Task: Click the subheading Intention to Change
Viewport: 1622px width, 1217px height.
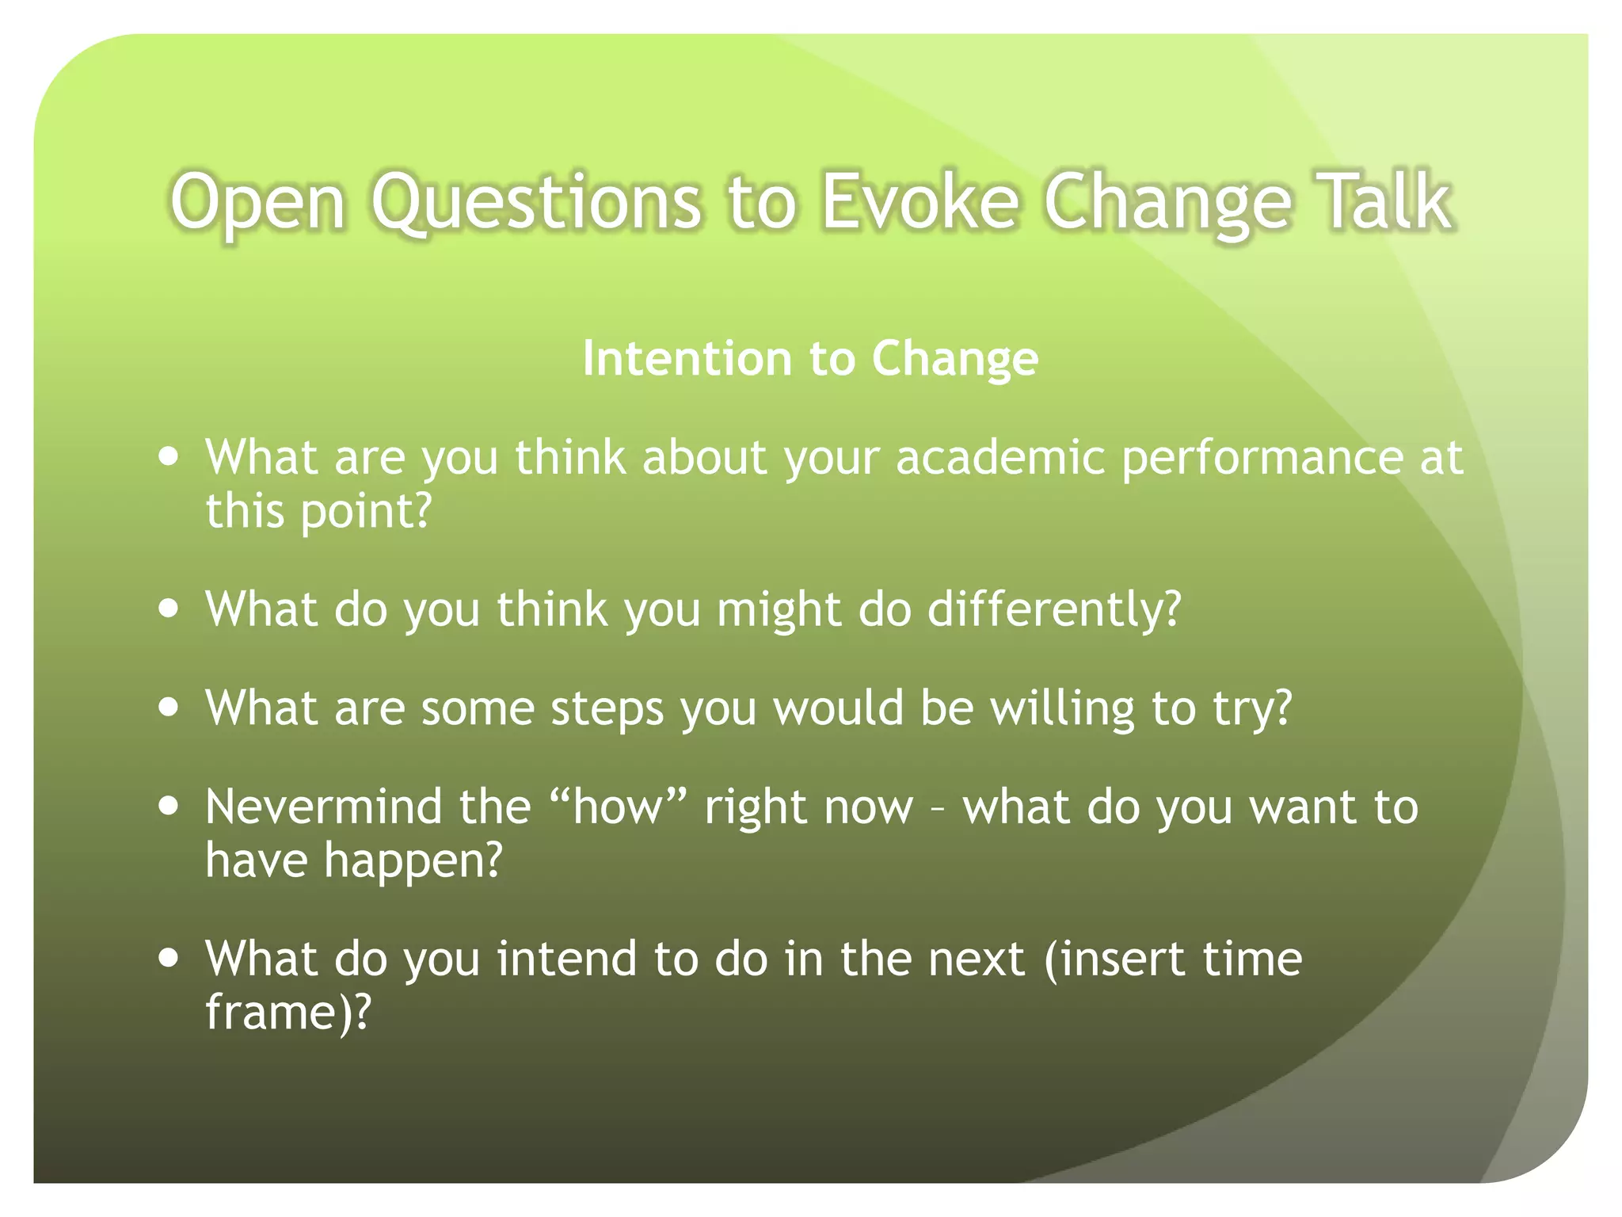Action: [810, 358]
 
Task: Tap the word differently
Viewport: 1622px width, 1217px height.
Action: [1053, 610]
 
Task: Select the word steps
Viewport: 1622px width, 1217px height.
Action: [607, 709]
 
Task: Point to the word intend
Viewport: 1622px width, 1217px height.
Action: [566, 959]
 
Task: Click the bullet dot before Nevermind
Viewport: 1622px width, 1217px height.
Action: [168, 807]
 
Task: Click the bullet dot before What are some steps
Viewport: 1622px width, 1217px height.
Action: [168, 707]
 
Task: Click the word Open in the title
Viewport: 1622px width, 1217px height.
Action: [258, 203]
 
